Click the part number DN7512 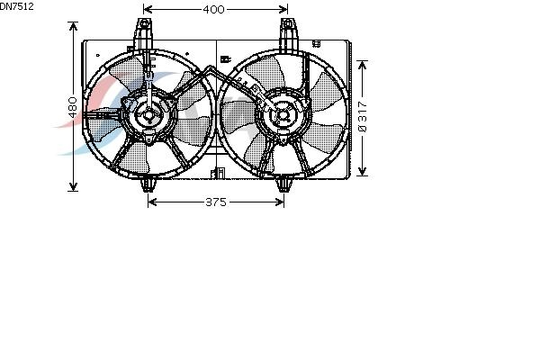click(x=16, y=6)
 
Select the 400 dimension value click(x=213, y=9)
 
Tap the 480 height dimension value click(x=73, y=107)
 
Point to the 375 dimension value click(x=216, y=202)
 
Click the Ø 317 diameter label click(x=363, y=116)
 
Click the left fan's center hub click(x=148, y=115)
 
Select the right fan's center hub click(x=283, y=115)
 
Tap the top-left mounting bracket click(x=144, y=35)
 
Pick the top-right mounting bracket click(x=288, y=35)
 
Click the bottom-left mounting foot click(x=148, y=184)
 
